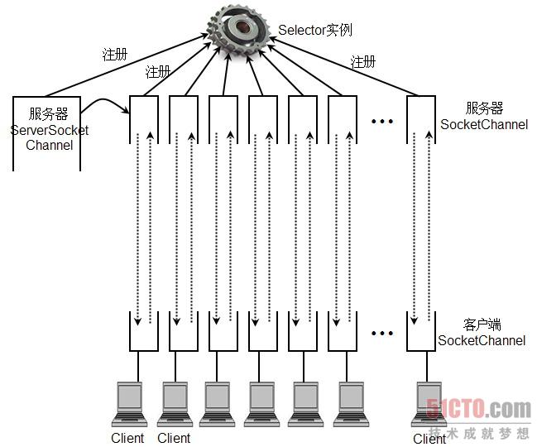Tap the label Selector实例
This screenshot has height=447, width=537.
pos(314,30)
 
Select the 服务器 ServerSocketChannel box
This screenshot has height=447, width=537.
pos(47,132)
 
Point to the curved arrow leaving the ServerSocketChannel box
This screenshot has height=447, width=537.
pos(106,103)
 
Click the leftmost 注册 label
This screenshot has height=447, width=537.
pos(115,55)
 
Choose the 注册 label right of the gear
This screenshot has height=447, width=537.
pos(362,62)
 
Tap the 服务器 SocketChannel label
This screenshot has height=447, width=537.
pos(483,117)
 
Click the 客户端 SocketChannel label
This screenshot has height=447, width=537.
pos(482,333)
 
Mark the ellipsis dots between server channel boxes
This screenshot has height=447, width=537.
pos(381,122)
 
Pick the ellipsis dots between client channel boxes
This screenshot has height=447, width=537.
pos(381,334)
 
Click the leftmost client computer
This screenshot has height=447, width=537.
pos(130,403)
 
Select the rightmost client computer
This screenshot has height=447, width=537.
pos(428,403)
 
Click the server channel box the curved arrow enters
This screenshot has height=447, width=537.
pos(144,118)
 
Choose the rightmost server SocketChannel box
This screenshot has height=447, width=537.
pos(421,118)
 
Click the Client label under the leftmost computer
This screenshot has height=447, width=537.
pos(127,438)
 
